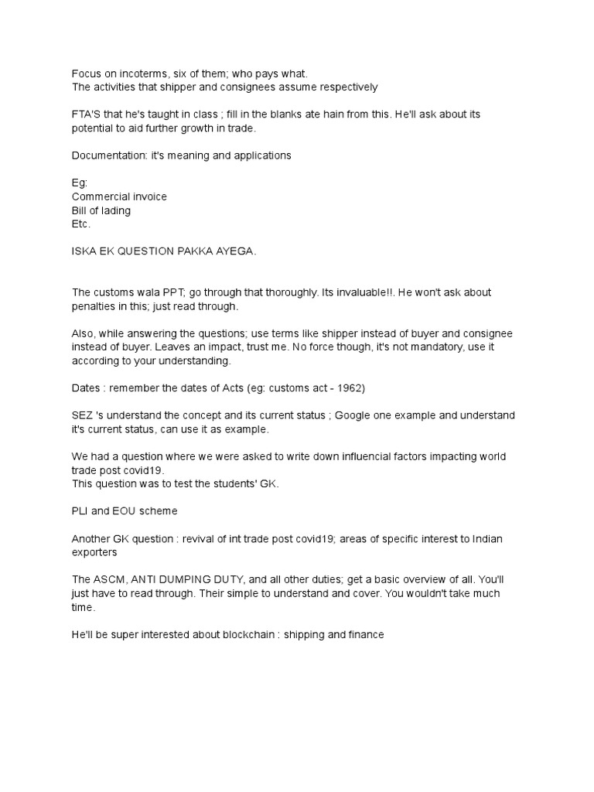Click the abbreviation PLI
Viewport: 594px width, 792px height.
pyautogui.click(x=80, y=510)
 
